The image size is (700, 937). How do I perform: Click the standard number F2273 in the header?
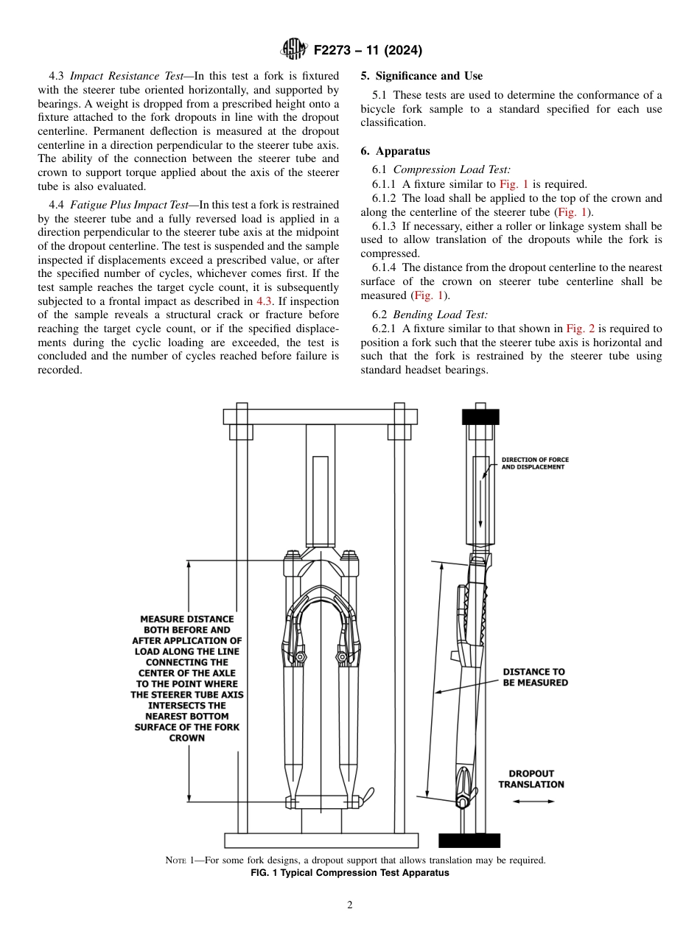tap(336, 51)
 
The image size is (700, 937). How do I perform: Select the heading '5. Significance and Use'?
tap(422, 76)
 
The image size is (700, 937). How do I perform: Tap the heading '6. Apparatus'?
tap(396, 151)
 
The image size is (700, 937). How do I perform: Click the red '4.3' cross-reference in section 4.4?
tap(265, 301)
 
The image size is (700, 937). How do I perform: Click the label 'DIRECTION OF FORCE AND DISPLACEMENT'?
tap(535, 463)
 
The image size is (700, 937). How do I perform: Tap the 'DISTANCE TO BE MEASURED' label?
tap(535, 677)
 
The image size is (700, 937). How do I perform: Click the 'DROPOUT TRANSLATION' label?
tap(531, 779)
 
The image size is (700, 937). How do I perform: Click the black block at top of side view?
tap(480, 417)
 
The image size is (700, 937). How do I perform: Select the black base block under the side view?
tap(469, 841)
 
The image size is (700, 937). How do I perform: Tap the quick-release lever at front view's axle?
tap(365, 796)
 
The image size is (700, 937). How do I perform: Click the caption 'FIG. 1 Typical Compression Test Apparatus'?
tap(350, 873)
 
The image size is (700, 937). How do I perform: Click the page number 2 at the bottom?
tap(350, 905)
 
